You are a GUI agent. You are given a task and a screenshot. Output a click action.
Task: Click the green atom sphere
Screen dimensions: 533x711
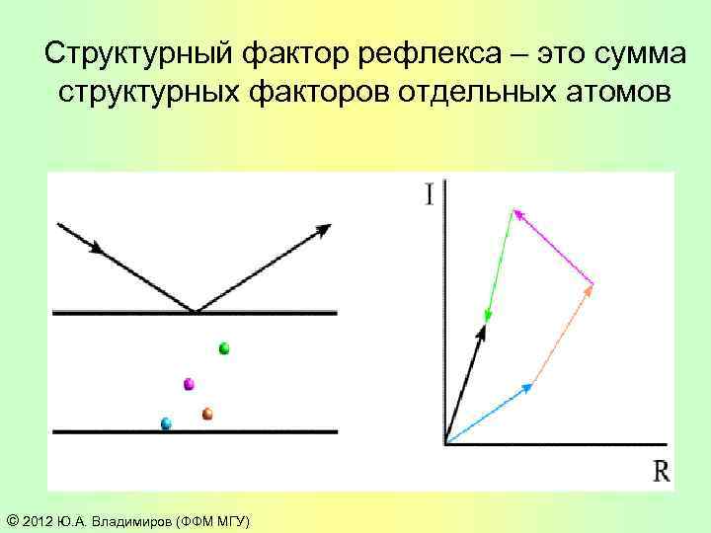[x=224, y=347]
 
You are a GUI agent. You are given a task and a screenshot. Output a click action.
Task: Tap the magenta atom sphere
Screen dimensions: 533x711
[x=189, y=384]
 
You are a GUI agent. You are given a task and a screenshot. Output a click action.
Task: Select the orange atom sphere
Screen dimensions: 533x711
[x=207, y=415]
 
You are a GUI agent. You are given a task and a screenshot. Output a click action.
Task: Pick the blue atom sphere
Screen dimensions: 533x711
[x=166, y=423]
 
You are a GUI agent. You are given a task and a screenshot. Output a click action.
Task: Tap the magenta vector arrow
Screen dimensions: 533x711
[x=553, y=247]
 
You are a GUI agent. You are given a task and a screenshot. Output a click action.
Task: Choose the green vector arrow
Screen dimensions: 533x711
[x=500, y=265]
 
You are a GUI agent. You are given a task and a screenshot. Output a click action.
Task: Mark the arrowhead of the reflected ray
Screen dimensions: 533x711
[x=322, y=231]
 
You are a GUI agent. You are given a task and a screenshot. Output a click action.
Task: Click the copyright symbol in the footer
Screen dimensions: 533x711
[x=11, y=520]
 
